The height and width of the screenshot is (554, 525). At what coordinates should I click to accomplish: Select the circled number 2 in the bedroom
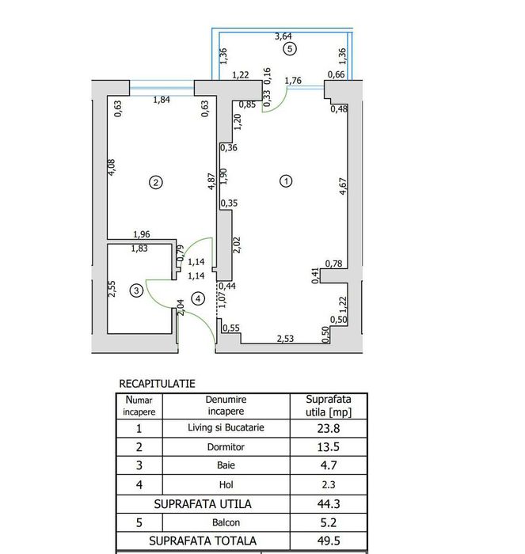click(x=156, y=183)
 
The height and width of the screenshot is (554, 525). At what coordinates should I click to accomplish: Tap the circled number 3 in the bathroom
click(x=137, y=291)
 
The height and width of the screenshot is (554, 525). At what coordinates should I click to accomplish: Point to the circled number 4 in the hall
click(x=198, y=298)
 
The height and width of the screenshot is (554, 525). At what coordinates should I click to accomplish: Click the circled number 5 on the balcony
click(x=290, y=49)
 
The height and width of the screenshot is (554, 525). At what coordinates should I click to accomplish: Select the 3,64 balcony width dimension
click(x=283, y=36)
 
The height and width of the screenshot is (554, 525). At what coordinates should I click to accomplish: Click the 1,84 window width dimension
click(x=162, y=99)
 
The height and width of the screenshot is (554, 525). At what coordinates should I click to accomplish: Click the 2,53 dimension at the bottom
click(x=286, y=339)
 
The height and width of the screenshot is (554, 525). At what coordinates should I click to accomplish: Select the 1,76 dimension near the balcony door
click(x=293, y=80)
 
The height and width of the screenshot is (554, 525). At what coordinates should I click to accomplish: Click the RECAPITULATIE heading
click(x=157, y=383)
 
